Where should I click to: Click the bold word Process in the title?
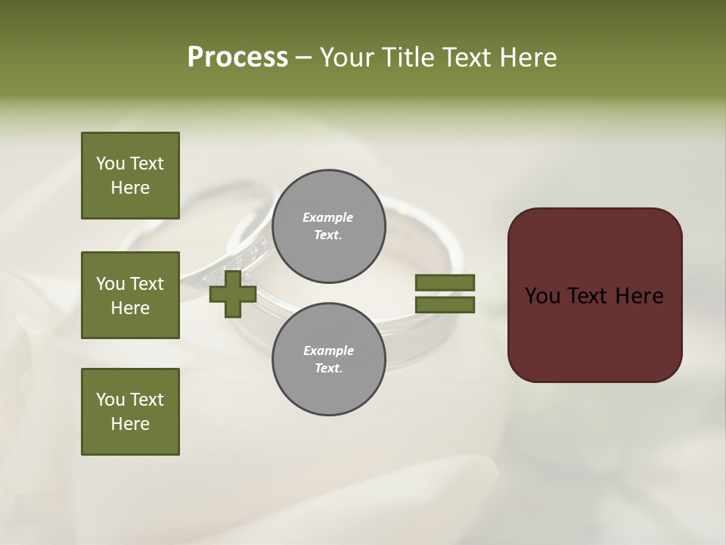(x=237, y=58)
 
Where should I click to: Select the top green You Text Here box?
(x=130, y=176)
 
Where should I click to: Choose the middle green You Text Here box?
(x=130, y=295)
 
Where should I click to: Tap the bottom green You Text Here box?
(x=130, y=412)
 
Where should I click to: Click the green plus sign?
(x=232, y=294)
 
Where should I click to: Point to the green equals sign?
(x=445, y=294)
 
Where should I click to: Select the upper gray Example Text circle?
(x=328, y=226)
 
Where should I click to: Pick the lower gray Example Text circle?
(x=328, y=360)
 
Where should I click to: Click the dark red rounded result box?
(x=594, y=295)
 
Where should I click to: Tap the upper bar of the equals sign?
(x=445, y=283)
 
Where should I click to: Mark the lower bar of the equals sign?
(x=445, y=305)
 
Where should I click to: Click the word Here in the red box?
(x=639, y=296)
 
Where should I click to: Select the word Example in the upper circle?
(x=328, y=217)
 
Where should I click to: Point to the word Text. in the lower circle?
(x=328, y=369)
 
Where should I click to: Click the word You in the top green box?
(x=110, y=163)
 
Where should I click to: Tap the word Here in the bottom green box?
(x=130, y=424)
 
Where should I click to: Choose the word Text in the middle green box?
(x=147, y=284)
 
